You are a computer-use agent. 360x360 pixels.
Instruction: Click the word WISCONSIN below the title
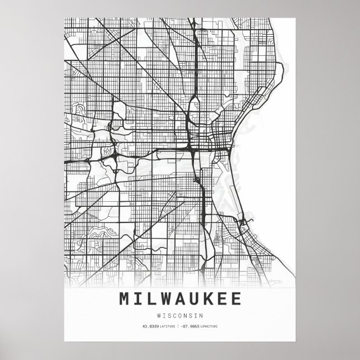point(180,314)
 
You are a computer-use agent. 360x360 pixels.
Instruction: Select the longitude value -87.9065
point(189,326)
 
